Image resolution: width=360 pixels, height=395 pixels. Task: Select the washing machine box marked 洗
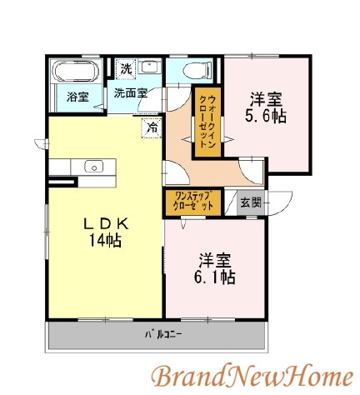[125, 67]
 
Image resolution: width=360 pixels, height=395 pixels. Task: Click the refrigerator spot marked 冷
[151, 128]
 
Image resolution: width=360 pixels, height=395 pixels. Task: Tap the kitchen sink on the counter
[93, 166]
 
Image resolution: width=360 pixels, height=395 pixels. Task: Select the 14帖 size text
[105, 241]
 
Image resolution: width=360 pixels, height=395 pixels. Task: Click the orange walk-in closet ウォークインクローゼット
[206, 121]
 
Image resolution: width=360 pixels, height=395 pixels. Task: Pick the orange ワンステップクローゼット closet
[192, 202]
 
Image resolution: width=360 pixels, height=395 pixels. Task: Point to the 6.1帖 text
[216, 276]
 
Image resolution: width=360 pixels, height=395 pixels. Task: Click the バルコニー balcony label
[159, 336]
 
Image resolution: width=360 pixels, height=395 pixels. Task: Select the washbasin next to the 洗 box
[149, 67]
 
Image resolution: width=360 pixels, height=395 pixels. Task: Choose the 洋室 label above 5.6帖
[264, 98]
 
